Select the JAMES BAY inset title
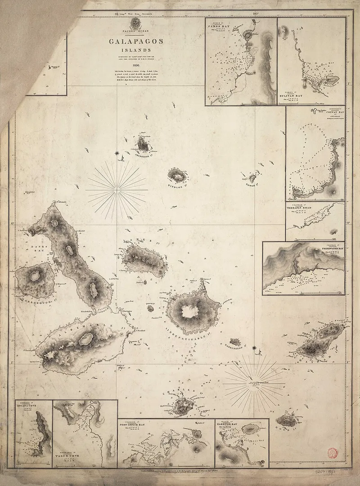click(218, 26)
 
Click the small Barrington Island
click(235, 342)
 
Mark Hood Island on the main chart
click(286, 421)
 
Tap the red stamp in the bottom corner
click(333, 452)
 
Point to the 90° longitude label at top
click(256, 14)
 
